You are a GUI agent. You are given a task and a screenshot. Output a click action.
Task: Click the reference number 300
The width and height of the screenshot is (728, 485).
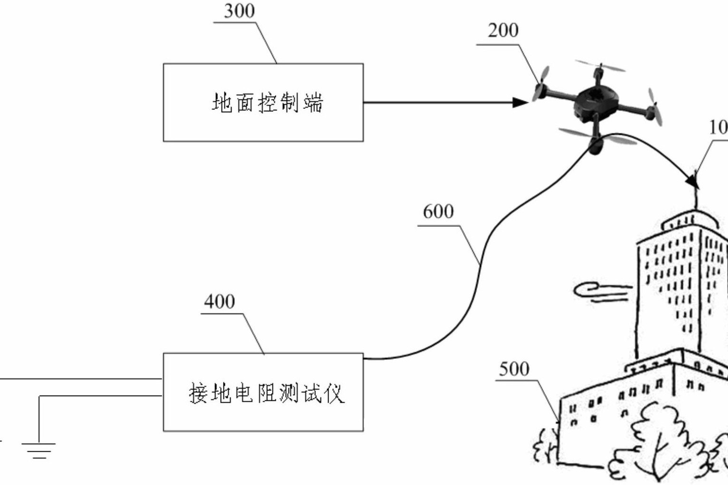pos(239,11)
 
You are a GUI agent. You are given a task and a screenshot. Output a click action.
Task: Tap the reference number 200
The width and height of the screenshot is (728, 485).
pos(503,31)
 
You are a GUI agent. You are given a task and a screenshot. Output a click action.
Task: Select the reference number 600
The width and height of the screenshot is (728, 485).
pos(438,212)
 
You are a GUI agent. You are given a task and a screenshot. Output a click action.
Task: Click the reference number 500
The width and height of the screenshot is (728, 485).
pos(514,369)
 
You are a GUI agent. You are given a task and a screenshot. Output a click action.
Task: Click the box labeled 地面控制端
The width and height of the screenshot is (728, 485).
pos(263,103)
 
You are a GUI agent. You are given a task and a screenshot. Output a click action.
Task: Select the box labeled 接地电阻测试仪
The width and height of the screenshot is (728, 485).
pos(263,392)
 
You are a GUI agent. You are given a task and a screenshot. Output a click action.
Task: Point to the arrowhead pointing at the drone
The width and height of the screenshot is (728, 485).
pos(521,102)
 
